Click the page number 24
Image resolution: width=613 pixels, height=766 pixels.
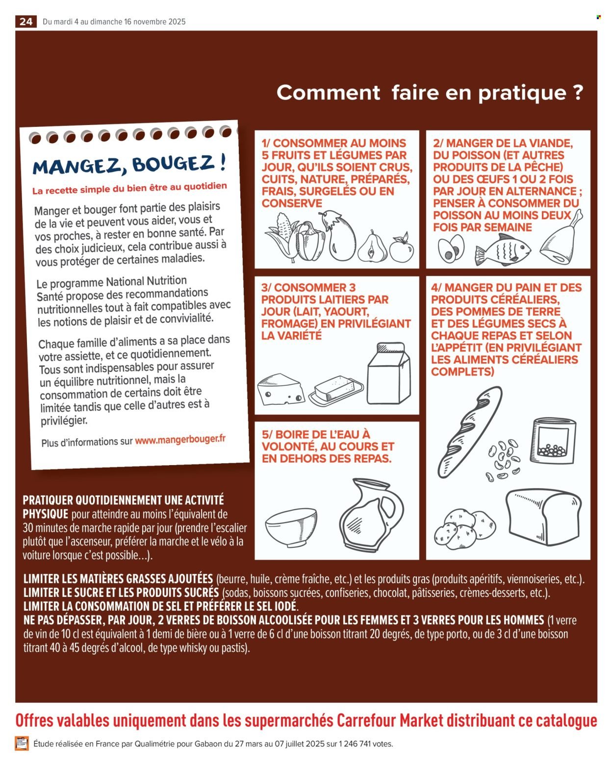point(26,22)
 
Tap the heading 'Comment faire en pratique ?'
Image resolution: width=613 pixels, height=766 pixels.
point(430,93)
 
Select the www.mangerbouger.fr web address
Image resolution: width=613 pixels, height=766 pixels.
point(180,440)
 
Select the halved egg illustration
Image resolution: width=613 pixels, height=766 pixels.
point(451,248)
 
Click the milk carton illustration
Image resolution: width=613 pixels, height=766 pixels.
point(389,373)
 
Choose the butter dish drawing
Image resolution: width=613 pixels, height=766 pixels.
point(336,391)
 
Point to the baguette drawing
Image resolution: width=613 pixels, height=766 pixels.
point(469,431)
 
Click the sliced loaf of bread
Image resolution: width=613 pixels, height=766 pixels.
point(544,517)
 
